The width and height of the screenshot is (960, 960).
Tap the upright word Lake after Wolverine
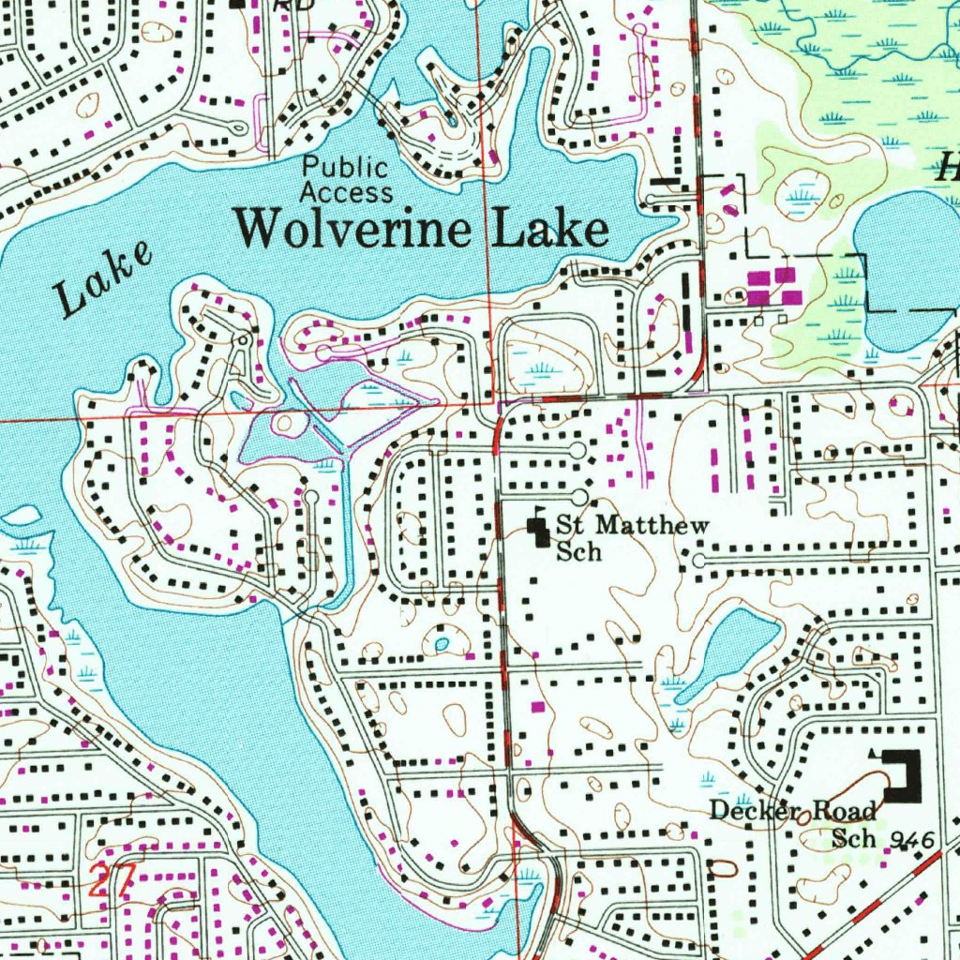coord(550,229)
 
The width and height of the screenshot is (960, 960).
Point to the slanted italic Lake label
coord(102,279)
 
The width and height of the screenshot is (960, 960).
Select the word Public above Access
coord(344,169)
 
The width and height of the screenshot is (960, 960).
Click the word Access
coord(346,193)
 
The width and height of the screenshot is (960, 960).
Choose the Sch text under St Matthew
coord(577,552)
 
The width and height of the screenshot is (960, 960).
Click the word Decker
coord(747,810)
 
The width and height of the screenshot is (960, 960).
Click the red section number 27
coord(112,881)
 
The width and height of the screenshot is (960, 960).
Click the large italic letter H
coord(947,170)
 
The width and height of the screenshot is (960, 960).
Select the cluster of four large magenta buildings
coord(774,287)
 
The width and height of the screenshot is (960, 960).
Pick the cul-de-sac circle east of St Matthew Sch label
coord(699,561)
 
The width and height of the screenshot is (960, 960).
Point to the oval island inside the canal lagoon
coord(285,425)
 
